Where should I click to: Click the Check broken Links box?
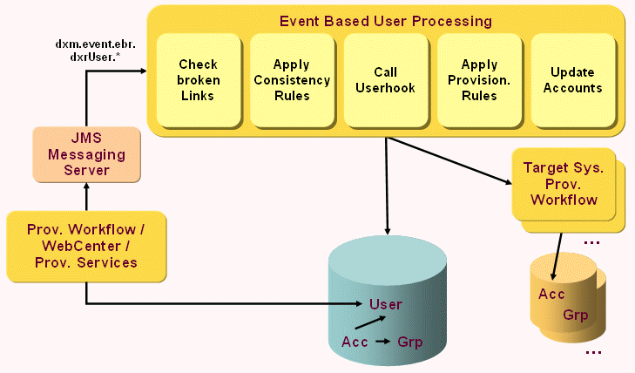(x=198, y=80)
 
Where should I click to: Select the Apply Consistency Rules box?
(x=292, y=80)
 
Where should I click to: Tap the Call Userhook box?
(x=385, y=80)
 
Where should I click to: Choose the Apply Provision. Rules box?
(x=478, y=80)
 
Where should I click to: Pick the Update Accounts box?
(x=572, y=80)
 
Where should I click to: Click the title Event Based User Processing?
(x=385, y=20)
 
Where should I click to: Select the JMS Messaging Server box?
(x=85, y=155)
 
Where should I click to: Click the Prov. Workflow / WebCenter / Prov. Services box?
(x=85, y=246)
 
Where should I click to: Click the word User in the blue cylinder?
(x=385, y=304)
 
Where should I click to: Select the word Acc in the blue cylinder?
(x=355, y=341)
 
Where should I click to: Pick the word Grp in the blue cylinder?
(x=409, y=342)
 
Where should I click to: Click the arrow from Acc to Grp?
(x=382, y=342)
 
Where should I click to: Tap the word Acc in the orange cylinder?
(x=551, y=294)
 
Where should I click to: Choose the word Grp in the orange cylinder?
(x=576, y=314)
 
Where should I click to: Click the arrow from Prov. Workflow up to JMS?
(x=85, y=197)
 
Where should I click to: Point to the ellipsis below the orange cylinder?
(x=593, y=352)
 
